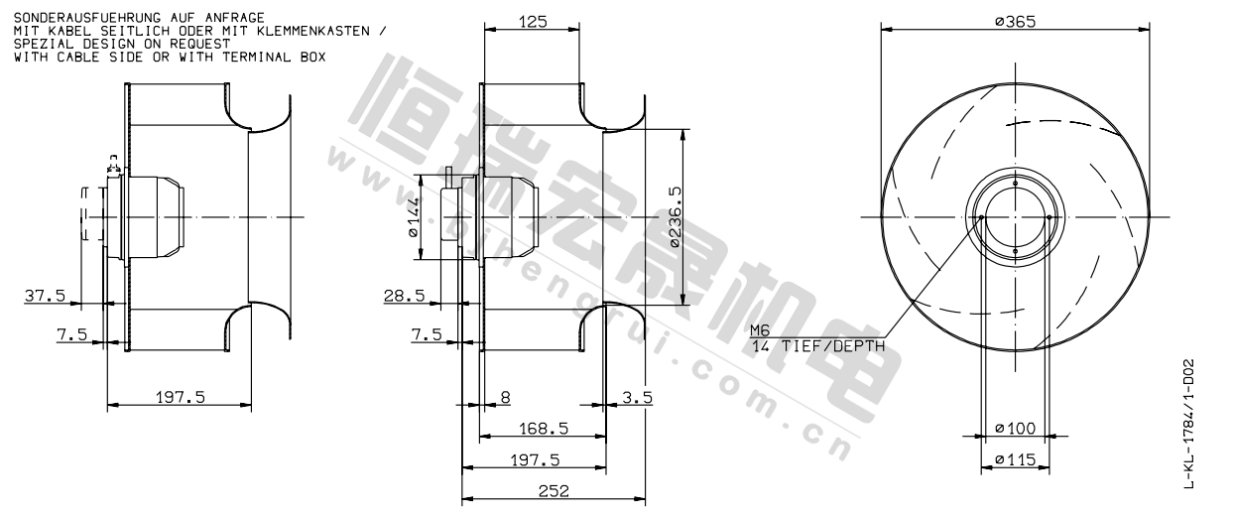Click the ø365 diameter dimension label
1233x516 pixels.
[1015, 22]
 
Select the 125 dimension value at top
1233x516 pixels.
[533, 22]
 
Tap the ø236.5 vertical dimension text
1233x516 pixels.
[675, 217]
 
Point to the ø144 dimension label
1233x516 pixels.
[414, 217]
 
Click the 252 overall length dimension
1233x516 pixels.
[554, 490]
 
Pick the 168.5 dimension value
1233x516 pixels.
[544, 428]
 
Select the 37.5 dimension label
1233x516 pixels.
[45, 296]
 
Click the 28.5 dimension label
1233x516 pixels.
[404, 296]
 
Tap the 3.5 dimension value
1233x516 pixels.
[637, 397]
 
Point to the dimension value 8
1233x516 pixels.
[505, 397]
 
